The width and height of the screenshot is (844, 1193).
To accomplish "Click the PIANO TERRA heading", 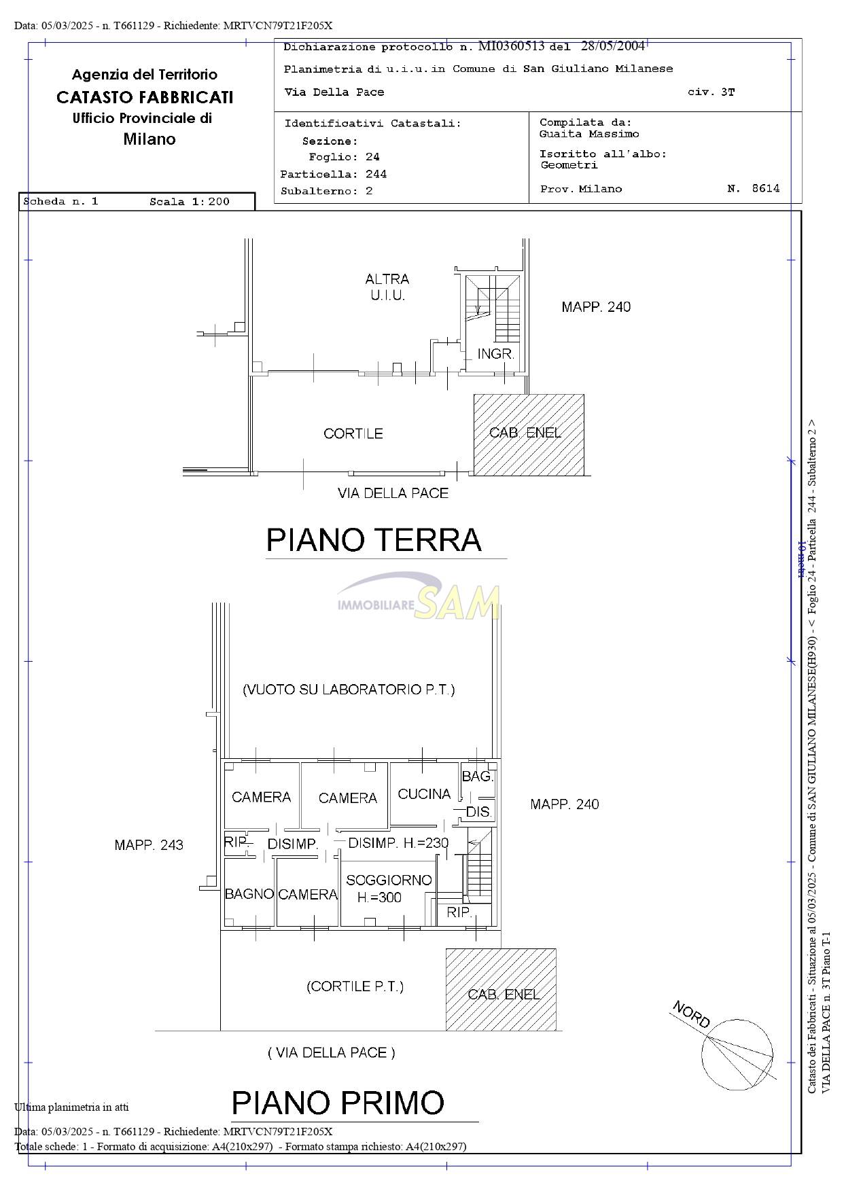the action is point(374,540).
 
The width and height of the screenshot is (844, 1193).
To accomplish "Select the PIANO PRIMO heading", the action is point(338,1103).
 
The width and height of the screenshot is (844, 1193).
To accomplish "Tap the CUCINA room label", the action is point(424,794).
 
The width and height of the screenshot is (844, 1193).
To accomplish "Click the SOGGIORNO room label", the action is point(389,880).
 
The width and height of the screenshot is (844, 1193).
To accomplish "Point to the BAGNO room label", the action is point(249,894).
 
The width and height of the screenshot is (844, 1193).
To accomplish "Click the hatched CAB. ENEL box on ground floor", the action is point(529,435).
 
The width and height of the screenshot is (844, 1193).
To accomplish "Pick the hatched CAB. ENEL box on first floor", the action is point(501,989).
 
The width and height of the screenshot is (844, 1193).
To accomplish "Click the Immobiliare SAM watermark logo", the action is point(419,596).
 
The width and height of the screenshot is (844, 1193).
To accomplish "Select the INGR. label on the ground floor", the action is point(495,354).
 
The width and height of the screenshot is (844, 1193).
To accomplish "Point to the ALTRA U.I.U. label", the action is point(387,287).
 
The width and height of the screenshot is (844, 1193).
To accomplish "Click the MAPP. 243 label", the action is point(149,845).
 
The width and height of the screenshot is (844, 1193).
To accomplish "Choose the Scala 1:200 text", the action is point(190,202).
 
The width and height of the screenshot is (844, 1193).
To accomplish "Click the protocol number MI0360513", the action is point(512,46).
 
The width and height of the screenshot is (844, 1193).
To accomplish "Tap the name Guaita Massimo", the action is point(589,134).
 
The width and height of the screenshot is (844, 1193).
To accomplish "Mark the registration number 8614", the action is point(766,189).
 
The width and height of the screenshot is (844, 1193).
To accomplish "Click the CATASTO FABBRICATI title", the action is point(145,97).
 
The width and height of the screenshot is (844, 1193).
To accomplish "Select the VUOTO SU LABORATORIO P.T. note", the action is point(349,690).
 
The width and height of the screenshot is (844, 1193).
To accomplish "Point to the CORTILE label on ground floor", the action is point(353,433).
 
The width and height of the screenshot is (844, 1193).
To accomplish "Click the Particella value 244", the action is point(376,174).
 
